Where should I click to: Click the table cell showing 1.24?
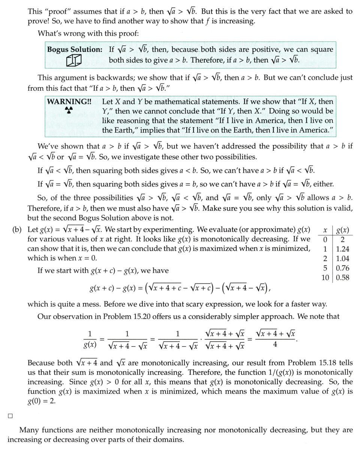tap(343, 249)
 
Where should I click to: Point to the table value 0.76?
tap(343, 268)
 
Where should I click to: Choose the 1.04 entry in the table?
tap(343, 258)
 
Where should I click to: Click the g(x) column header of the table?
tap(343, 229)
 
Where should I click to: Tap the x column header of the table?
tap(325, 229)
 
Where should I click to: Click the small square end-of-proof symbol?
tap(10, 415)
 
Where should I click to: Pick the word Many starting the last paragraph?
tap(28, 430)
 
